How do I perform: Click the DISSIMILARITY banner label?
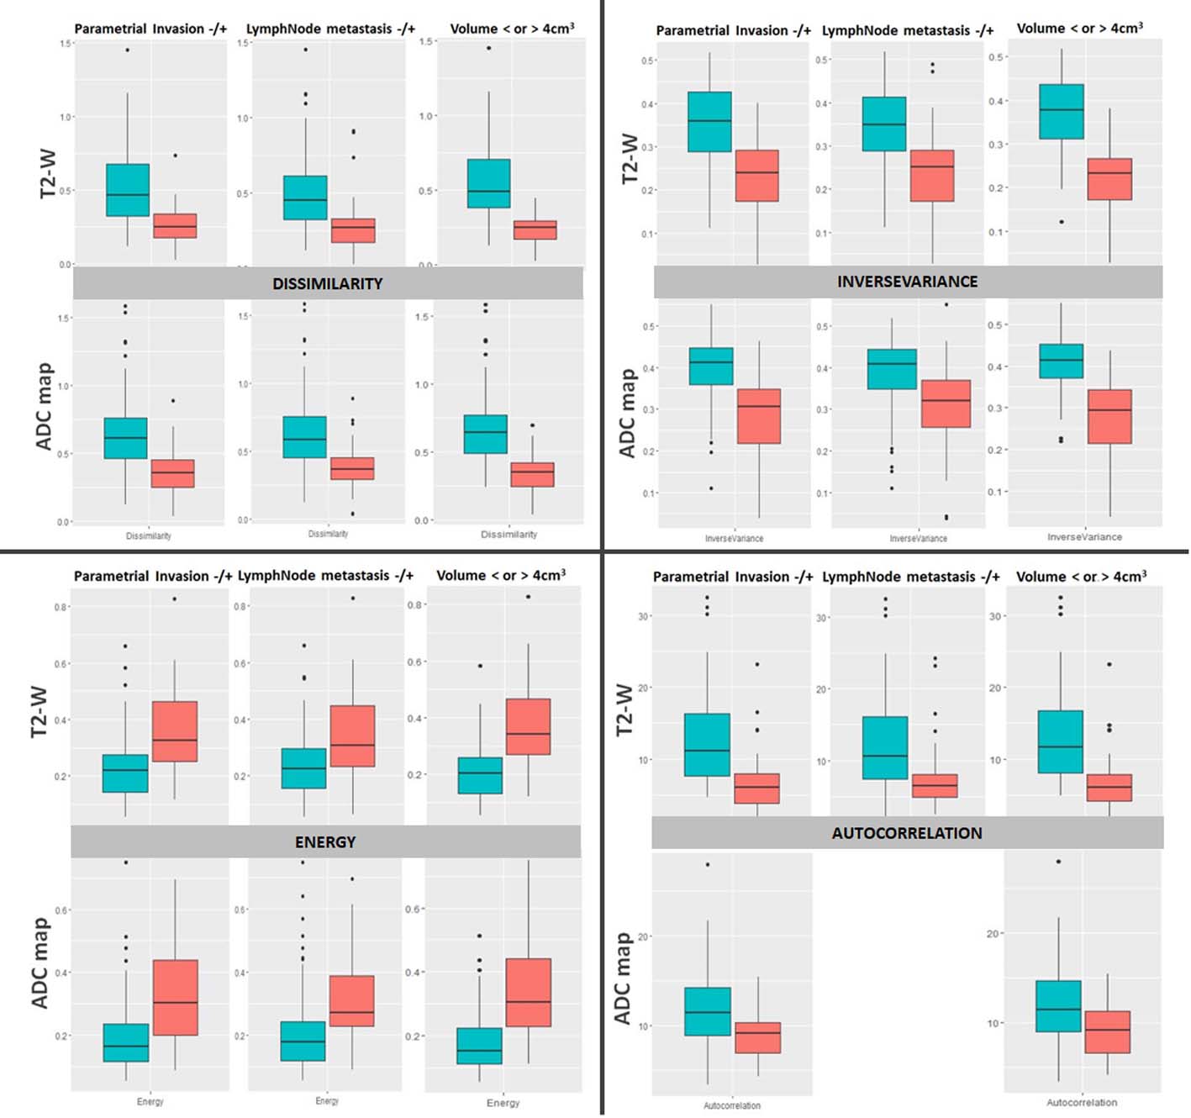[327, 284]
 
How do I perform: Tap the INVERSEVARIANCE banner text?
[907, 282]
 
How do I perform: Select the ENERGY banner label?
[325, 842]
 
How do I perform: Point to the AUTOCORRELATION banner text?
[907, 833]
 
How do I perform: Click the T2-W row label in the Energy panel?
[40, 712]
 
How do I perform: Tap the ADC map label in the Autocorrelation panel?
[623, 978]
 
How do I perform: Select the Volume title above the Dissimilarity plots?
[512, 29]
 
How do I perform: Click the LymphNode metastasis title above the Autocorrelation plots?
[910, 577]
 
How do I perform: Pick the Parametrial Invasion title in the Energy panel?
[152, 576]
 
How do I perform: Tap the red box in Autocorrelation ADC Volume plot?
[1107, 1031]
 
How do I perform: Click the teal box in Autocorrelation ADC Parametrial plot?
[708, 1011]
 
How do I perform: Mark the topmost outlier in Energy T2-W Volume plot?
[528, 597]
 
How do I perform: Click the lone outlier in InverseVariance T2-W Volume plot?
[1062, 222]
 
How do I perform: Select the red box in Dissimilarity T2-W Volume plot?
[535, 230]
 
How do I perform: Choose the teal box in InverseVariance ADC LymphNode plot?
[892, 369]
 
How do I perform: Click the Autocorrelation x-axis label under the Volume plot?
[1082, 1102]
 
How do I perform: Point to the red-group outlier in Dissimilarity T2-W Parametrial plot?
[175, 156]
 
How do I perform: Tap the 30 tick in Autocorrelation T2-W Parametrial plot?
[643, 616]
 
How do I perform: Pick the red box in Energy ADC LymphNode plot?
[351, 1000]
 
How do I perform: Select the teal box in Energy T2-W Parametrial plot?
[125, 773]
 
